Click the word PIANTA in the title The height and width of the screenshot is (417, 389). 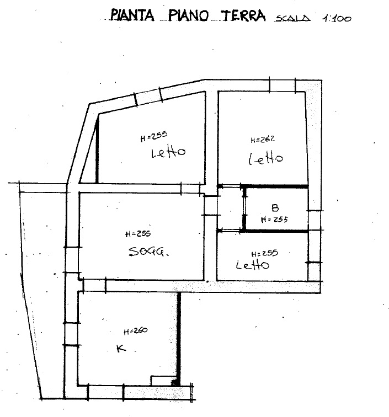tap(132, 15)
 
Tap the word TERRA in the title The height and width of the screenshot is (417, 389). tap(244, 15)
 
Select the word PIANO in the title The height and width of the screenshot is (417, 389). tap(189, 15)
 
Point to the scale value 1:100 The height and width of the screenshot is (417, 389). tap(337, 18)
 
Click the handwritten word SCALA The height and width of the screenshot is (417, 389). tap(292, 18)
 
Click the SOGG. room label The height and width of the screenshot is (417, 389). tap(148, 252)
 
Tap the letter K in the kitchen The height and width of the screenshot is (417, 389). tap(121, 348)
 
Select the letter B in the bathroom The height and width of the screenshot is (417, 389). tap(275, 207)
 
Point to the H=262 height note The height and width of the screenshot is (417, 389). tap(263, 140)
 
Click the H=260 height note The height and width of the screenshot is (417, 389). tap(136, 332)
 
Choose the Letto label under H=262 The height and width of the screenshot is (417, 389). tap(266, 158)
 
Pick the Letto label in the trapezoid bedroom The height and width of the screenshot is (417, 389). tap(168, 152)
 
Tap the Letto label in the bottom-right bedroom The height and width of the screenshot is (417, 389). tap(253, 265)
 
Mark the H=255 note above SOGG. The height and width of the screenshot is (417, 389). tap(138, 234)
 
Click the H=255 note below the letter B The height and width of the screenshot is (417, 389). tap(275, 220)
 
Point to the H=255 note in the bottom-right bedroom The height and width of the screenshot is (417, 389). tap(265, 253)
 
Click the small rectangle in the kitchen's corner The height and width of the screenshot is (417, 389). tap(164, 381)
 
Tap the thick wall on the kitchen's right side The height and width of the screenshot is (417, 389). tap(179, 339)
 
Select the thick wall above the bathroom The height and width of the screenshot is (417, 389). tap(275, 186)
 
